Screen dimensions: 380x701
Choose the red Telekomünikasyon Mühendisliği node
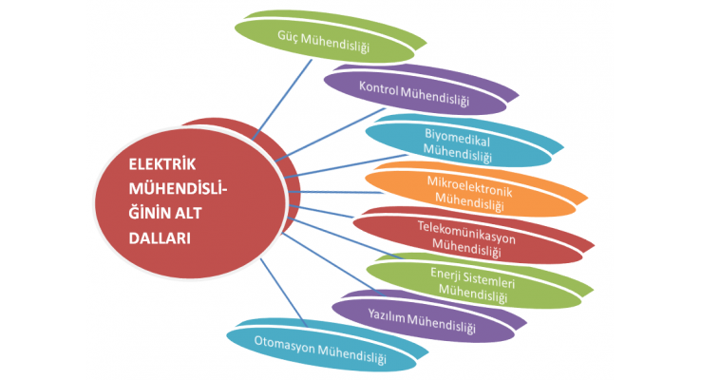(465, 234)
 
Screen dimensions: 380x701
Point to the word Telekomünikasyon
(465, 227)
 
